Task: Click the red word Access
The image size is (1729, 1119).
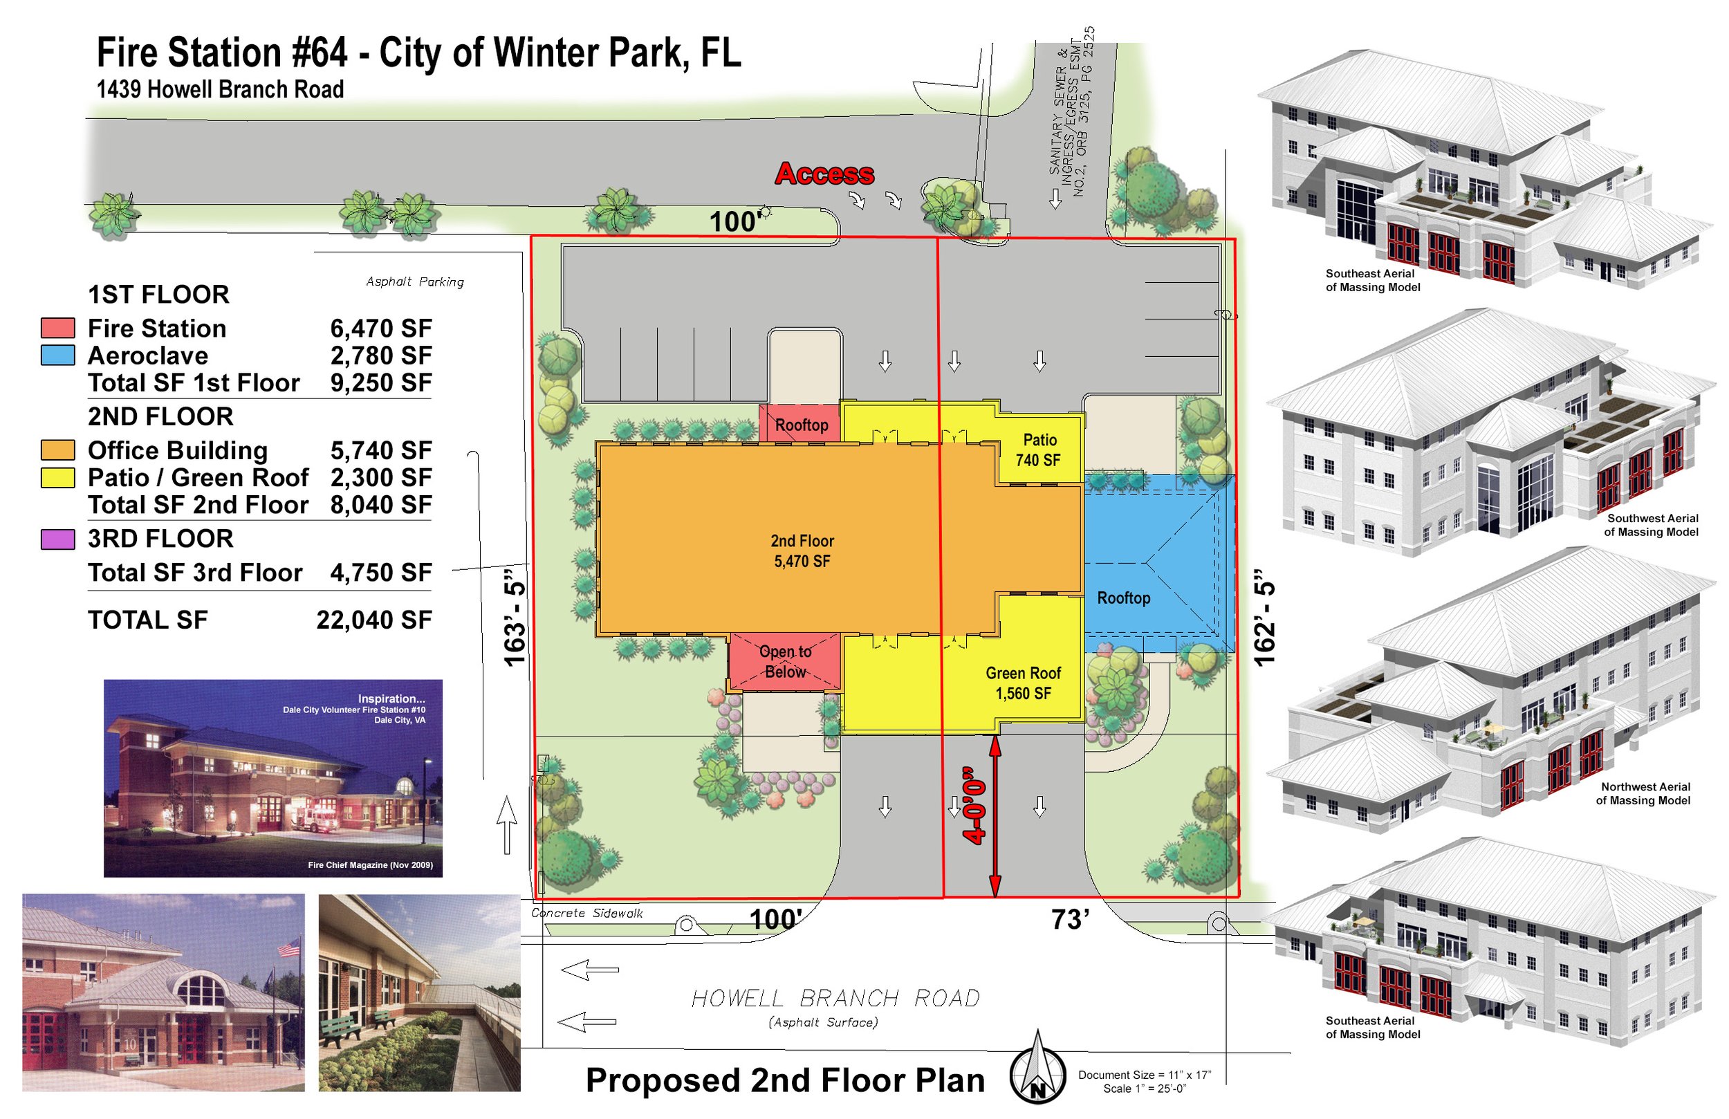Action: pyautogui.click(x=824, y=174)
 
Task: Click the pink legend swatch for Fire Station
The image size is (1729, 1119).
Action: pyautogui.click(x=57, y=328)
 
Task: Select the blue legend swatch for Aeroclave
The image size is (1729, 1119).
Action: pyautogui.click(x=57, y=355)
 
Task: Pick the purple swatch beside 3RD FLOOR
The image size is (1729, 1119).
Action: pyautogui.click(x=57, y=539)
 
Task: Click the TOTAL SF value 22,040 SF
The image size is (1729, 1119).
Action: pyautogui.click(x=374, y=620)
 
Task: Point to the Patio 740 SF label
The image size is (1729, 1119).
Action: pyautogui.click(x=1039, y=450)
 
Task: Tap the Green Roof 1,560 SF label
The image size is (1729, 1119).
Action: pyautogui.click(x=1023, y=683)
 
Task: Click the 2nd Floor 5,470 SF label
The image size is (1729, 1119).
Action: pyautogui.click(x=802, y=551)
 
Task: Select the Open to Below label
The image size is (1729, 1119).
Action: pyautogui.click(x=786, y=661)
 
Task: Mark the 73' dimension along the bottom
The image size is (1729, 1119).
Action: pyautogui.click(x=1069, y=920)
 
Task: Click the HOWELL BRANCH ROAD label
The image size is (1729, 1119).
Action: pyautogui.click(x=835, y=999)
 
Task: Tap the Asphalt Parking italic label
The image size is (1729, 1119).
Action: pyautogui.click(x=415, y=282)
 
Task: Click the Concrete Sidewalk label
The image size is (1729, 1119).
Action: pyautogui.click(x=587, y=914)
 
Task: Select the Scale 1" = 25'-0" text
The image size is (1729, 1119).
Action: pyautogui.click(x=1145, y=1089)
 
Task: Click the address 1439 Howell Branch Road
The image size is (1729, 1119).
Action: pyautogui.click(x=220, y=89)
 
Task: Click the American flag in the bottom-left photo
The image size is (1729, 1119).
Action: pyautogui.click(x=288, y=947)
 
